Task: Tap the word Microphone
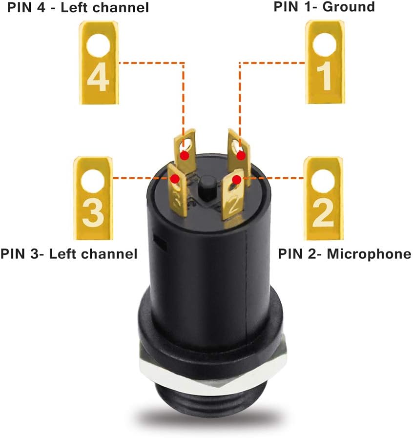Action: tap(369, 254)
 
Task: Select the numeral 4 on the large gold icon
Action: tap(98, 79)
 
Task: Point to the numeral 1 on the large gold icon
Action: tap(324, 77)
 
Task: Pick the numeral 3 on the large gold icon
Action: tap(93, 212)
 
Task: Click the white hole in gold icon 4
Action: tap(98, 45)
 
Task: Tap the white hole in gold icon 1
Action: tap(324, 45)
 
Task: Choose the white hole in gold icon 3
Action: tap(93, 180)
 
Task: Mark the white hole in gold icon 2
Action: tap(323, 180)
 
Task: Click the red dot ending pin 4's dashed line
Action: tap(185, 155)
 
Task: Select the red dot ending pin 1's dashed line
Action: tap(241, 155)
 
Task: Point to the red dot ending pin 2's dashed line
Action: tap(237, 180)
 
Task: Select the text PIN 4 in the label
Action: tap(19, 7)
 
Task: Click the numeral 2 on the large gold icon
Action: tap(323, 213)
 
